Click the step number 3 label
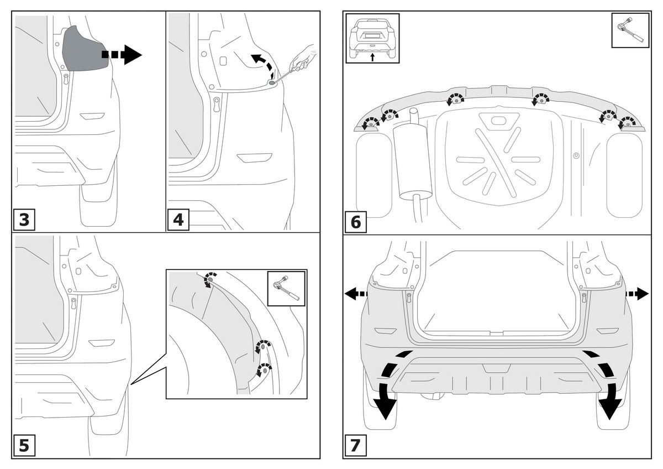[x=24, y=220]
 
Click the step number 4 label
[x=178, y=220]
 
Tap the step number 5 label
[x=24, y=445]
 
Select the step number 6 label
[x=356, y=222]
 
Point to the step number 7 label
[x=356, y=445]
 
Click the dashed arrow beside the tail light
[x=122, y=55]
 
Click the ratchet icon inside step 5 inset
[x=286, y=288]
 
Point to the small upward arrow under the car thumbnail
[x=372, y=56]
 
